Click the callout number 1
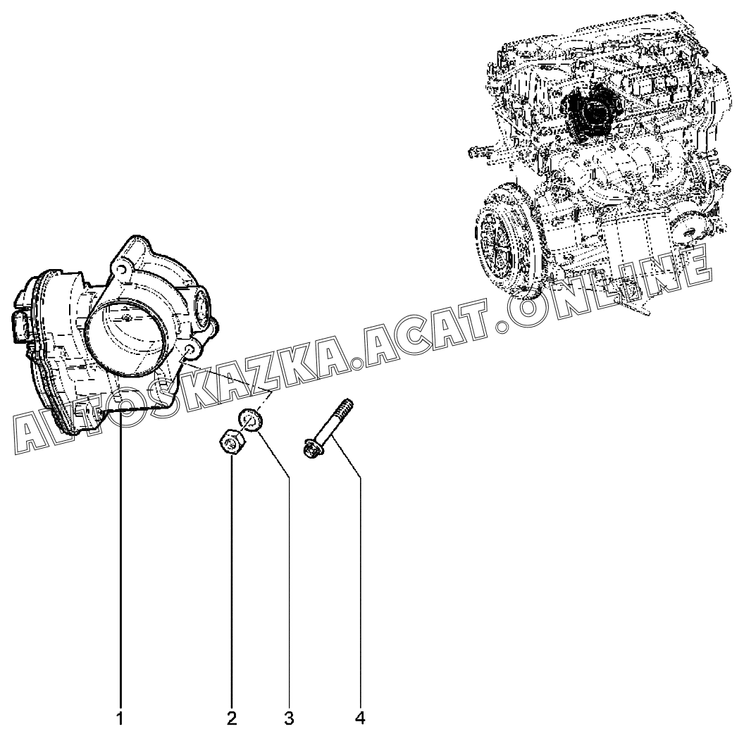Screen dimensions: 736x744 point(120,719)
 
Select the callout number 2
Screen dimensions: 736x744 point(232,719)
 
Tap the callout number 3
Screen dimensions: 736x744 point(289,719)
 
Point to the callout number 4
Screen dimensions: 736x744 point(360,719)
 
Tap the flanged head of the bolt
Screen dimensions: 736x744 point(310,448)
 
